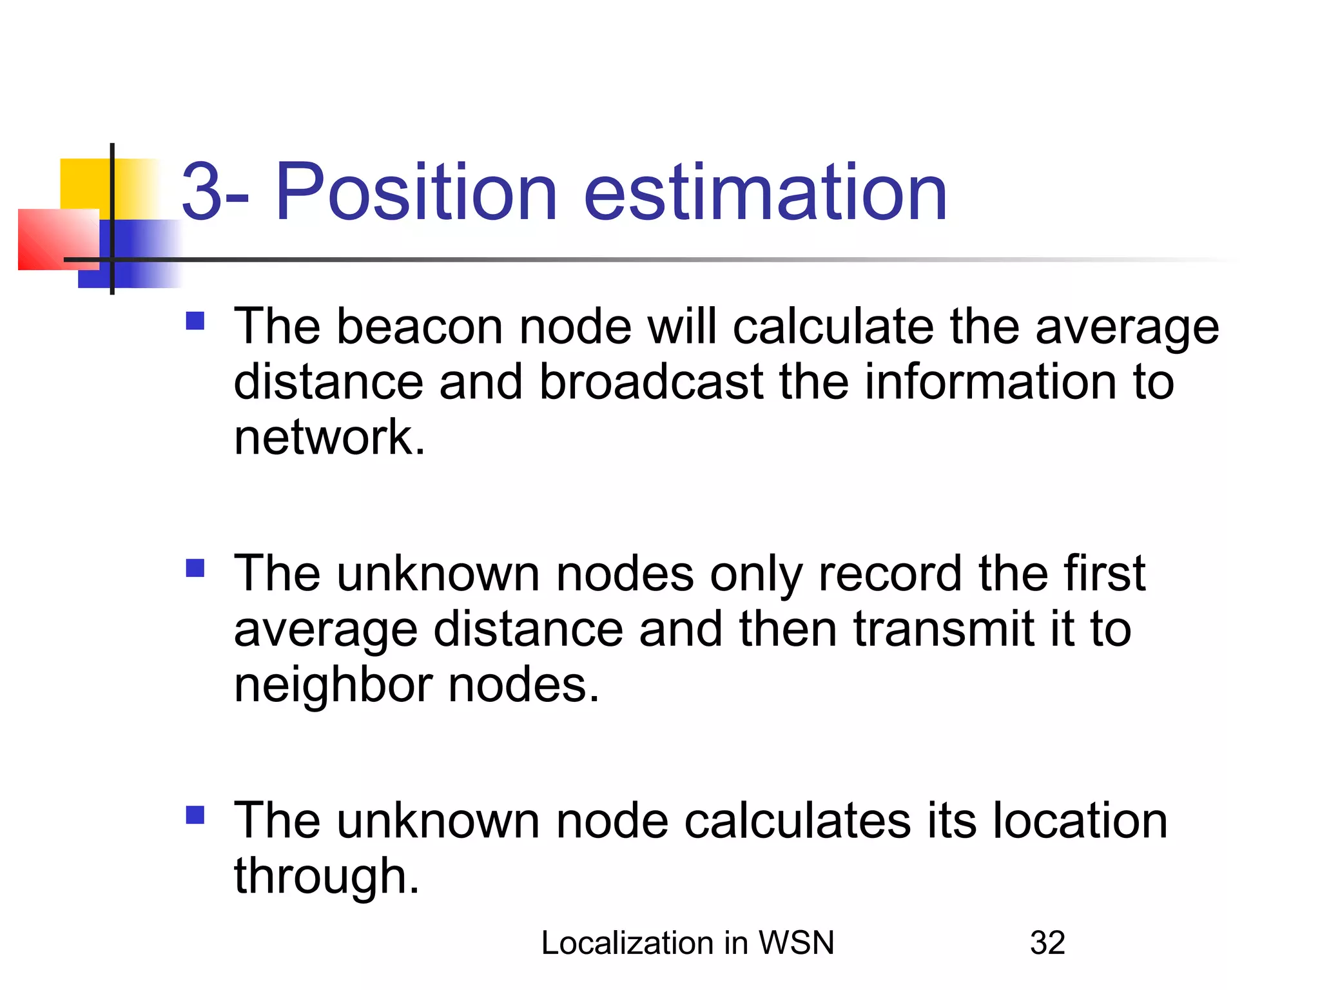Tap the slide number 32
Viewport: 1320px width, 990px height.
[1047, 943]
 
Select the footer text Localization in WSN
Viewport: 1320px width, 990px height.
[688, 943]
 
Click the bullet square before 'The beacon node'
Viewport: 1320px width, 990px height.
[195, 321]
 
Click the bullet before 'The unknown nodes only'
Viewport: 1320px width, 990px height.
[195, 568]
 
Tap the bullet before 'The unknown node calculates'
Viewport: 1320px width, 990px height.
[195, 815]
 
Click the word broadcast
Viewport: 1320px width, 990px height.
[651, 382]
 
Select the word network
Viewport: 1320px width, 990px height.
[329, 438]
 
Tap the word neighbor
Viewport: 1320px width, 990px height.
[333, 685]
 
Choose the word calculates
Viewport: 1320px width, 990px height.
[797, 821]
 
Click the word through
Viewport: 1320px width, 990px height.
[326, 877]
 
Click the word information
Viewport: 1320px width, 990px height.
[989, 382]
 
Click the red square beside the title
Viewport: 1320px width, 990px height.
[55, 239]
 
